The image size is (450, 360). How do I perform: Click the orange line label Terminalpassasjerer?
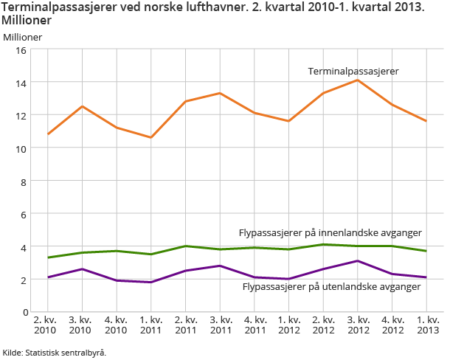pos(353,72)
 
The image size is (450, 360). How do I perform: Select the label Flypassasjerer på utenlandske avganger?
pos(331,286)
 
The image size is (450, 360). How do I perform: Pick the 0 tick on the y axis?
pos(24,312)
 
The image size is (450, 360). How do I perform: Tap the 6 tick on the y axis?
pos(24,214)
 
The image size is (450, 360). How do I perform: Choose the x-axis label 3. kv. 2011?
pos(219,325)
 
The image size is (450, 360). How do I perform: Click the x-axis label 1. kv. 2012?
pos(288,325)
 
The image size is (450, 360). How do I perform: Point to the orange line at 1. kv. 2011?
pos(150,137)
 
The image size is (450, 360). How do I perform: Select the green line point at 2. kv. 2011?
pos(185,246)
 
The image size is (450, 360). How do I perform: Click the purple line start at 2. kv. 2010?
pos(47,277)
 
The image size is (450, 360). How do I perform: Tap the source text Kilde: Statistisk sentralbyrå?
pos(55,352)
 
